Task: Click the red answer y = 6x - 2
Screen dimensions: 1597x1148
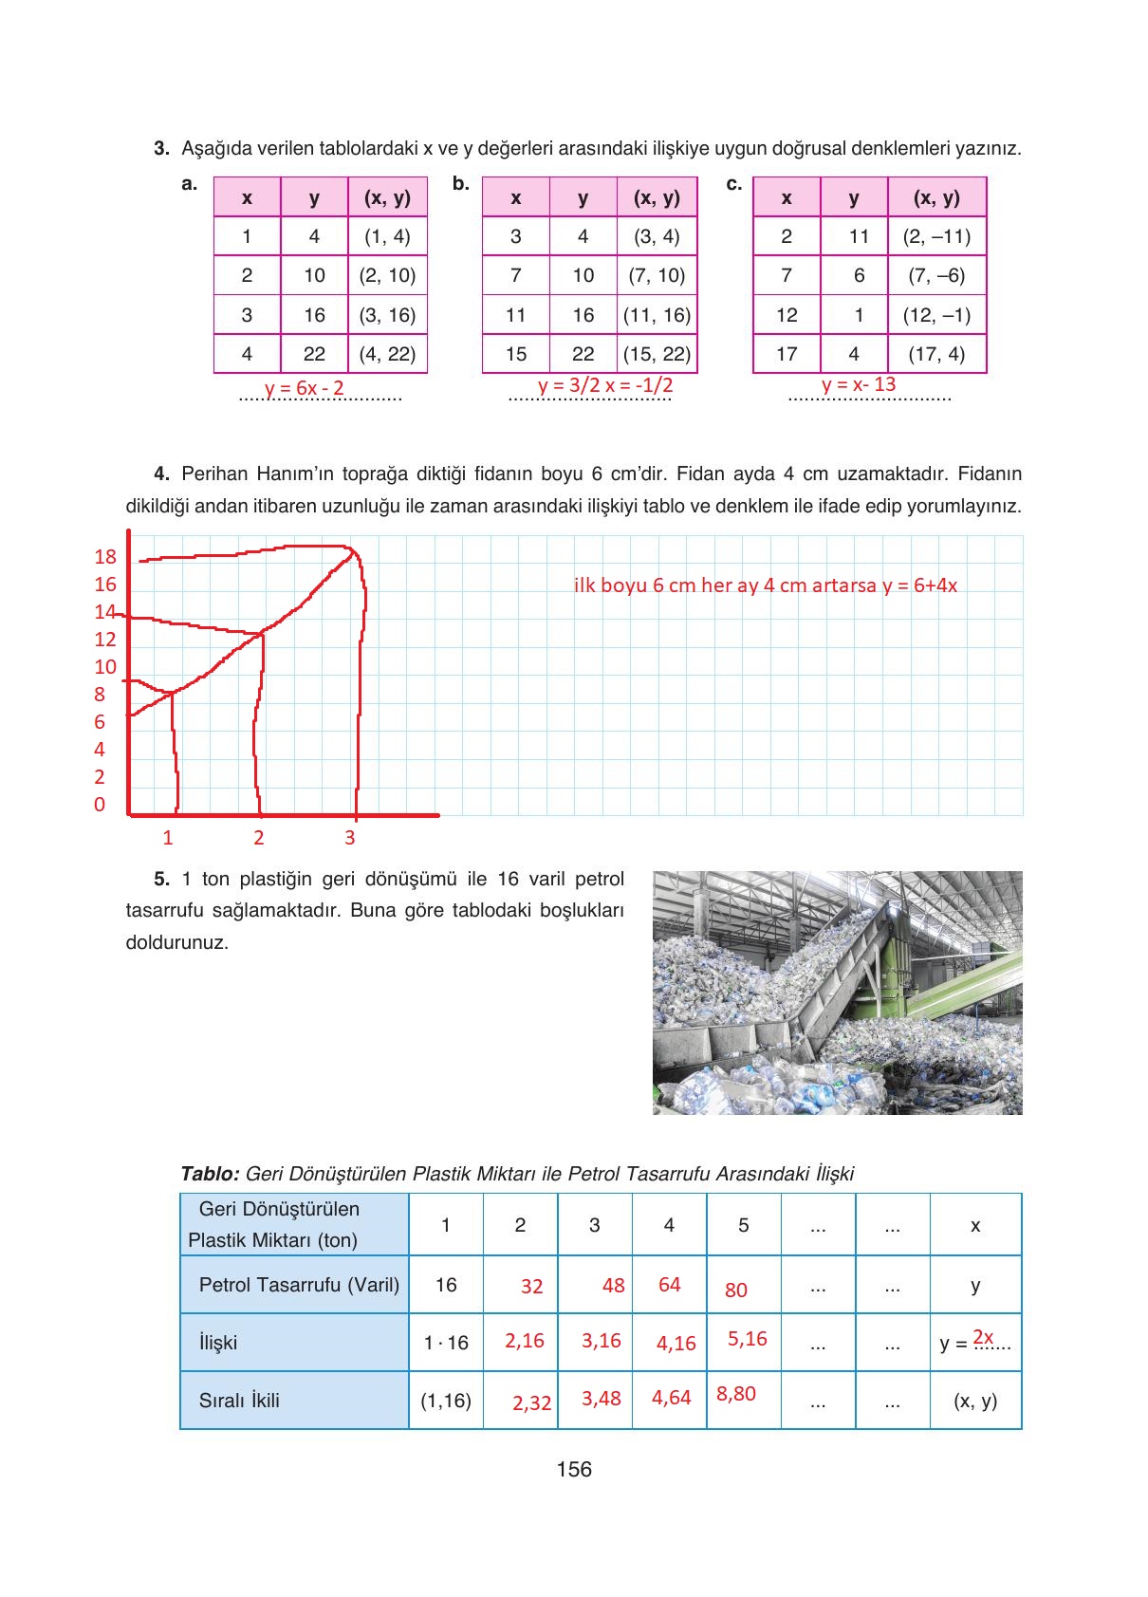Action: (305, 388)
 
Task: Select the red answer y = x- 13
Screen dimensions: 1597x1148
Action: (859, 384)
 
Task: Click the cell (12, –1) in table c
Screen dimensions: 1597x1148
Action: (936, 315)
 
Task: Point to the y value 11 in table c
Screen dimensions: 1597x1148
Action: (859, 236)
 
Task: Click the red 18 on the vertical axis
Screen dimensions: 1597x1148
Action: (105, 557)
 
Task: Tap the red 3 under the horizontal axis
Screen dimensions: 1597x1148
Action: (350, 837)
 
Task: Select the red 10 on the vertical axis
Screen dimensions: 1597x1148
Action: (105, 667)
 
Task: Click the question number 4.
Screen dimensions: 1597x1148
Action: (161, 474)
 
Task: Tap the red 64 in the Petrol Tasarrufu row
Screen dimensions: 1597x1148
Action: (670, 1284)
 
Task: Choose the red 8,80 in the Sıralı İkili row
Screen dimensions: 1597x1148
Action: (736, 1394)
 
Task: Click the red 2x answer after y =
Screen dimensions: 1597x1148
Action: (983, 1337)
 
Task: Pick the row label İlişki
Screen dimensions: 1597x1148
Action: (218, 1343)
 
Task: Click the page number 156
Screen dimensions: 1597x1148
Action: (574, 1469)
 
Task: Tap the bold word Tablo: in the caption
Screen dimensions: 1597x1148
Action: (210, 1174)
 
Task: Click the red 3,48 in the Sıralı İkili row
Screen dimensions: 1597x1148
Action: (602, 1399)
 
